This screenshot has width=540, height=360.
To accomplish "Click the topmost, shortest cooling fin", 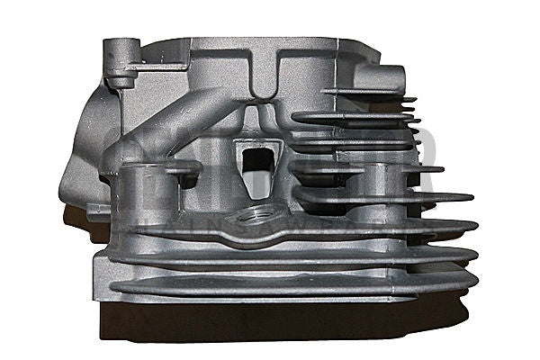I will click(369, 94).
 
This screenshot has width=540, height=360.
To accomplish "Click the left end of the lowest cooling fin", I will click(117, 289).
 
